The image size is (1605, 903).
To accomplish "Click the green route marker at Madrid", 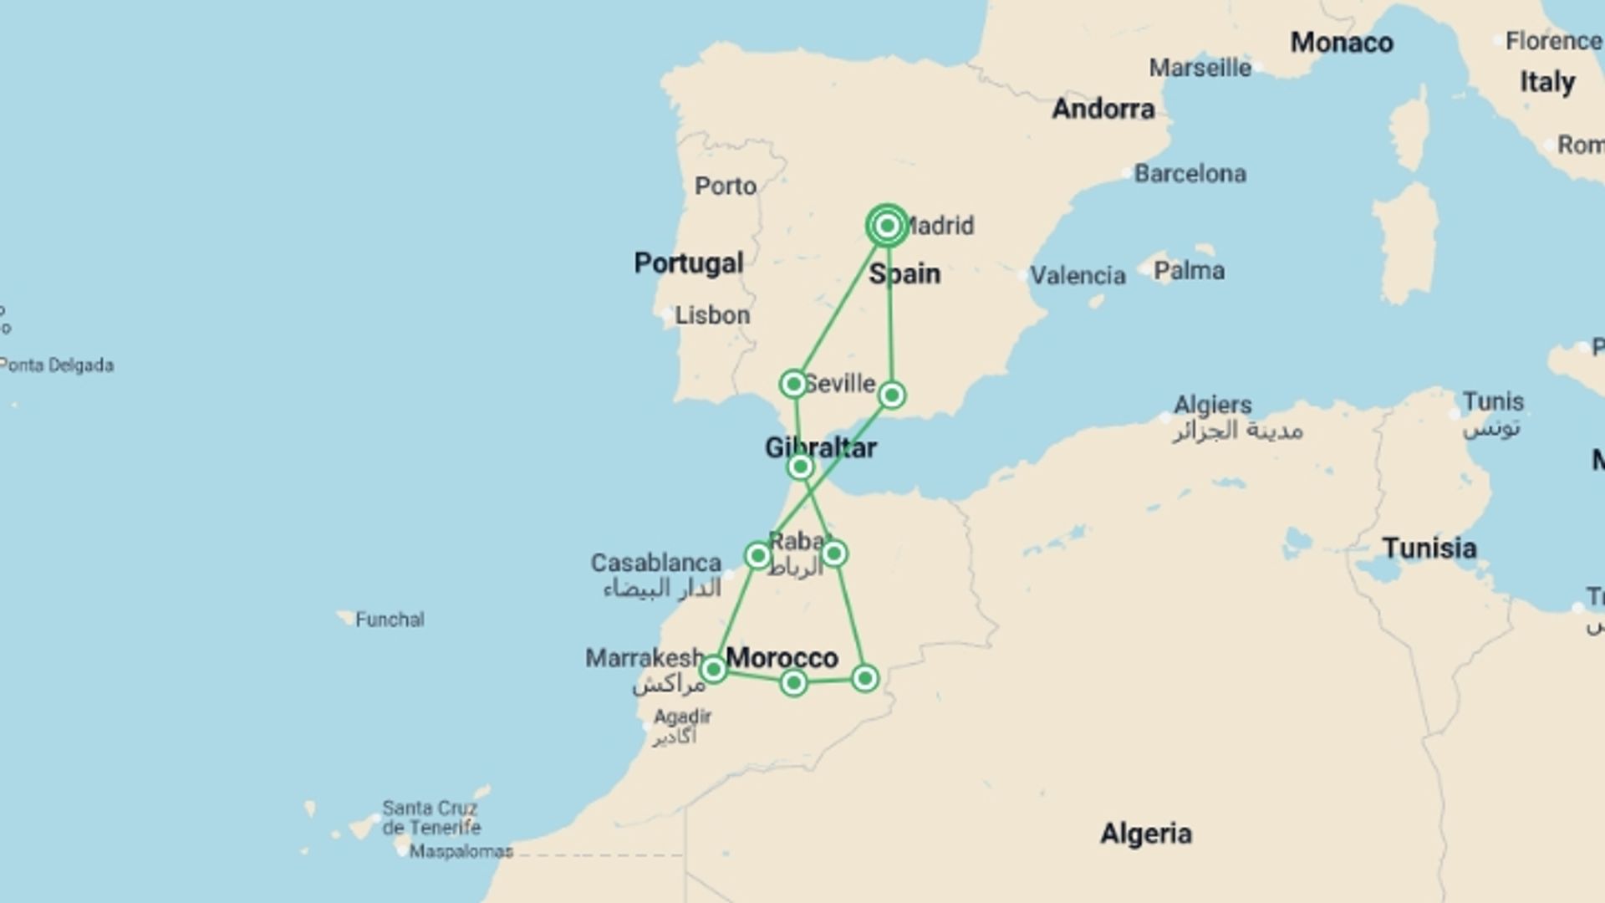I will click(887, 226).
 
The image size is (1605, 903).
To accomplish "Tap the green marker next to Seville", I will click(793, 384).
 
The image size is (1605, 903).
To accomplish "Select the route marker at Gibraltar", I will click(800, 467).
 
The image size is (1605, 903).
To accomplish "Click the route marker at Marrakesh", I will click(713, 669).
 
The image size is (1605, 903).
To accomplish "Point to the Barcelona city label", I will click(1190, 174).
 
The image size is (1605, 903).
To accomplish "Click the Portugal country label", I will click(688, 263).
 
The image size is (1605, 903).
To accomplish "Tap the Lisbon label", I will click(712, 315).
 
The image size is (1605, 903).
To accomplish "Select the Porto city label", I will click(725, 186).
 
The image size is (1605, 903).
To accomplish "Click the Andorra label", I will click(1103, 109).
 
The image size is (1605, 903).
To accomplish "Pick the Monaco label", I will click(1341, 43).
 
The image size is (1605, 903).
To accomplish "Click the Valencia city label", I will click(1078, 275).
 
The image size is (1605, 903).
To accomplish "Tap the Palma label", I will click(1189, 271).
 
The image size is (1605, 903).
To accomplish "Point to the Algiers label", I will click(1212, 406).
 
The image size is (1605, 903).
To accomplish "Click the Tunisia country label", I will click(1429, 548).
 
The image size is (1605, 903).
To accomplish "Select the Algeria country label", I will click(1145, 834).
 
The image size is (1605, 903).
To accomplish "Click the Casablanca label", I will click(655, 563).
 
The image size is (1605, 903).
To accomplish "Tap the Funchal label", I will click(390, 620).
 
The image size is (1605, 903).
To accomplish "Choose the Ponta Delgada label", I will click(57, 365).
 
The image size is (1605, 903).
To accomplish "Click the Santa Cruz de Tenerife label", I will click(431, 818).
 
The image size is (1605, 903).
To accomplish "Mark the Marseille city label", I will click(1200, 68).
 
